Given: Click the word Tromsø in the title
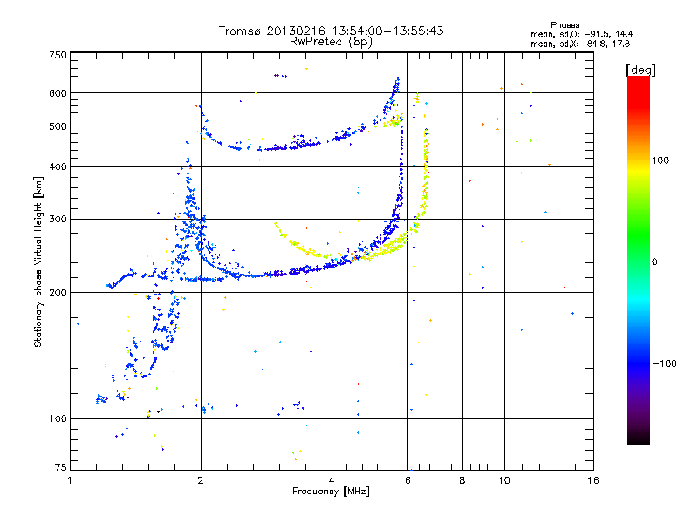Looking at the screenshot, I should click(x=239, y=31).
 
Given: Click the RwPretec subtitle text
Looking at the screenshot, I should click(x=319, y=41).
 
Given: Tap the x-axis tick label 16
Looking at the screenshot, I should click(x=592, y=479).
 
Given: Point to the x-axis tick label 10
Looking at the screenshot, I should click(x=503, y=479).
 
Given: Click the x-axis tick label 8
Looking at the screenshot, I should click(x=462, y=479).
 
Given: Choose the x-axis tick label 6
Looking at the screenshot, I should click(x=408, y=479).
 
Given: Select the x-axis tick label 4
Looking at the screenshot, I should click(x=332, y=479).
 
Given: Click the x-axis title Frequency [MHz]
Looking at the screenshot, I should click(x=332, y=492).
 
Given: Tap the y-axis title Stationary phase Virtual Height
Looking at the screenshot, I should click(x=38, y=261).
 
